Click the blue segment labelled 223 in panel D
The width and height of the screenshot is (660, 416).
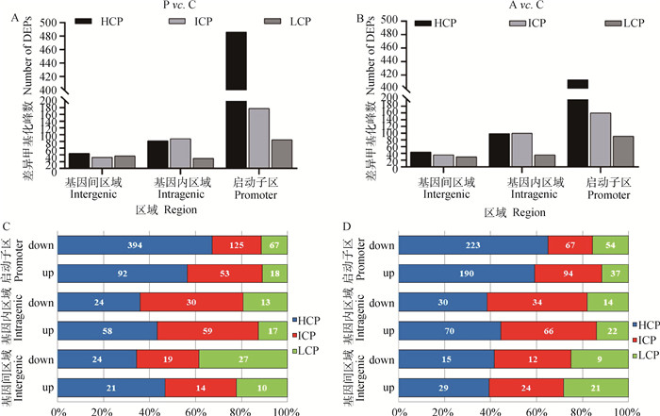click(x=474, y=245)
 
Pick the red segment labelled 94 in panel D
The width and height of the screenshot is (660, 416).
click(x=569, y=274)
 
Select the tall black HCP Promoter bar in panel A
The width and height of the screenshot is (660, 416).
click(x=236, y=94)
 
